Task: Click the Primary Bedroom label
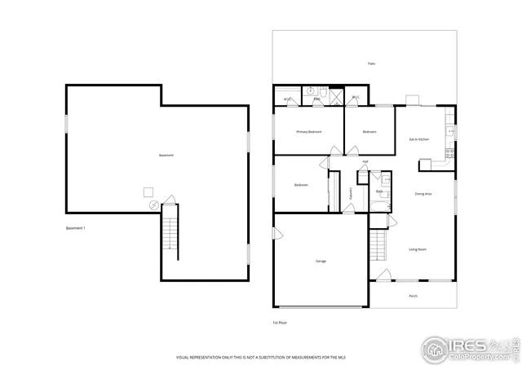(308, 132)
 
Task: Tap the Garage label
(321, 261)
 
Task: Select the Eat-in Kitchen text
(418, 139)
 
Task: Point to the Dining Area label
(423, 194)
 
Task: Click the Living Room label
(418, 249)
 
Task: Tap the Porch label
(413, 296)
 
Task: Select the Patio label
(371, 64)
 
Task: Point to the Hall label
(365, 161)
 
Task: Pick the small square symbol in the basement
(148, 191)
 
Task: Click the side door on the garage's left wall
(277, 235)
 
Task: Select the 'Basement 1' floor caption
(75, 228)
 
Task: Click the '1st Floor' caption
(280, 323)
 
